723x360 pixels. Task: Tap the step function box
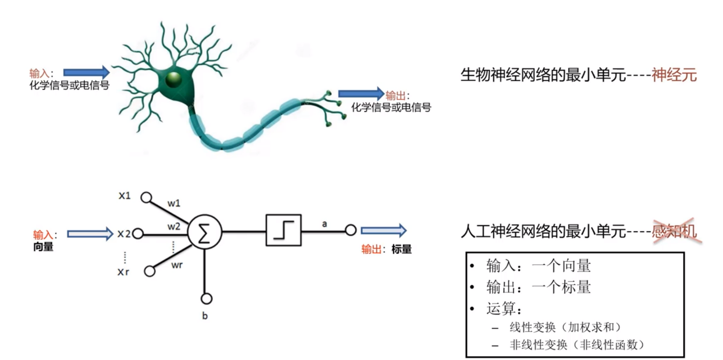283,230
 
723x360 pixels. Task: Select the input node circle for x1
146,197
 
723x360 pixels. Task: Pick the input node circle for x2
138,234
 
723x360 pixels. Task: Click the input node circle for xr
149,271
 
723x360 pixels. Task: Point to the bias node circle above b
207,298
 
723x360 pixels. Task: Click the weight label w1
174,203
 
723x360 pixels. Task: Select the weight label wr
177,265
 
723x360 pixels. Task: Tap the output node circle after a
350,230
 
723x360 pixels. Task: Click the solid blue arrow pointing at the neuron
86,72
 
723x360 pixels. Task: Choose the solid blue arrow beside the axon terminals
361,93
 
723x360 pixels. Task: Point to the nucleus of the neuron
173,79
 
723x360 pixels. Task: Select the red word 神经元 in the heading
674,75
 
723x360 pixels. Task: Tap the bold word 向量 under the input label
43,247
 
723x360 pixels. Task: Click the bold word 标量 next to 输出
401,249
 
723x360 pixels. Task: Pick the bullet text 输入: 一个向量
538,266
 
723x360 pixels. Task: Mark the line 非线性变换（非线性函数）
577,345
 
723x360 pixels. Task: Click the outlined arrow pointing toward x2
89,234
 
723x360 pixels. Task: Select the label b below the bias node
205,316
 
